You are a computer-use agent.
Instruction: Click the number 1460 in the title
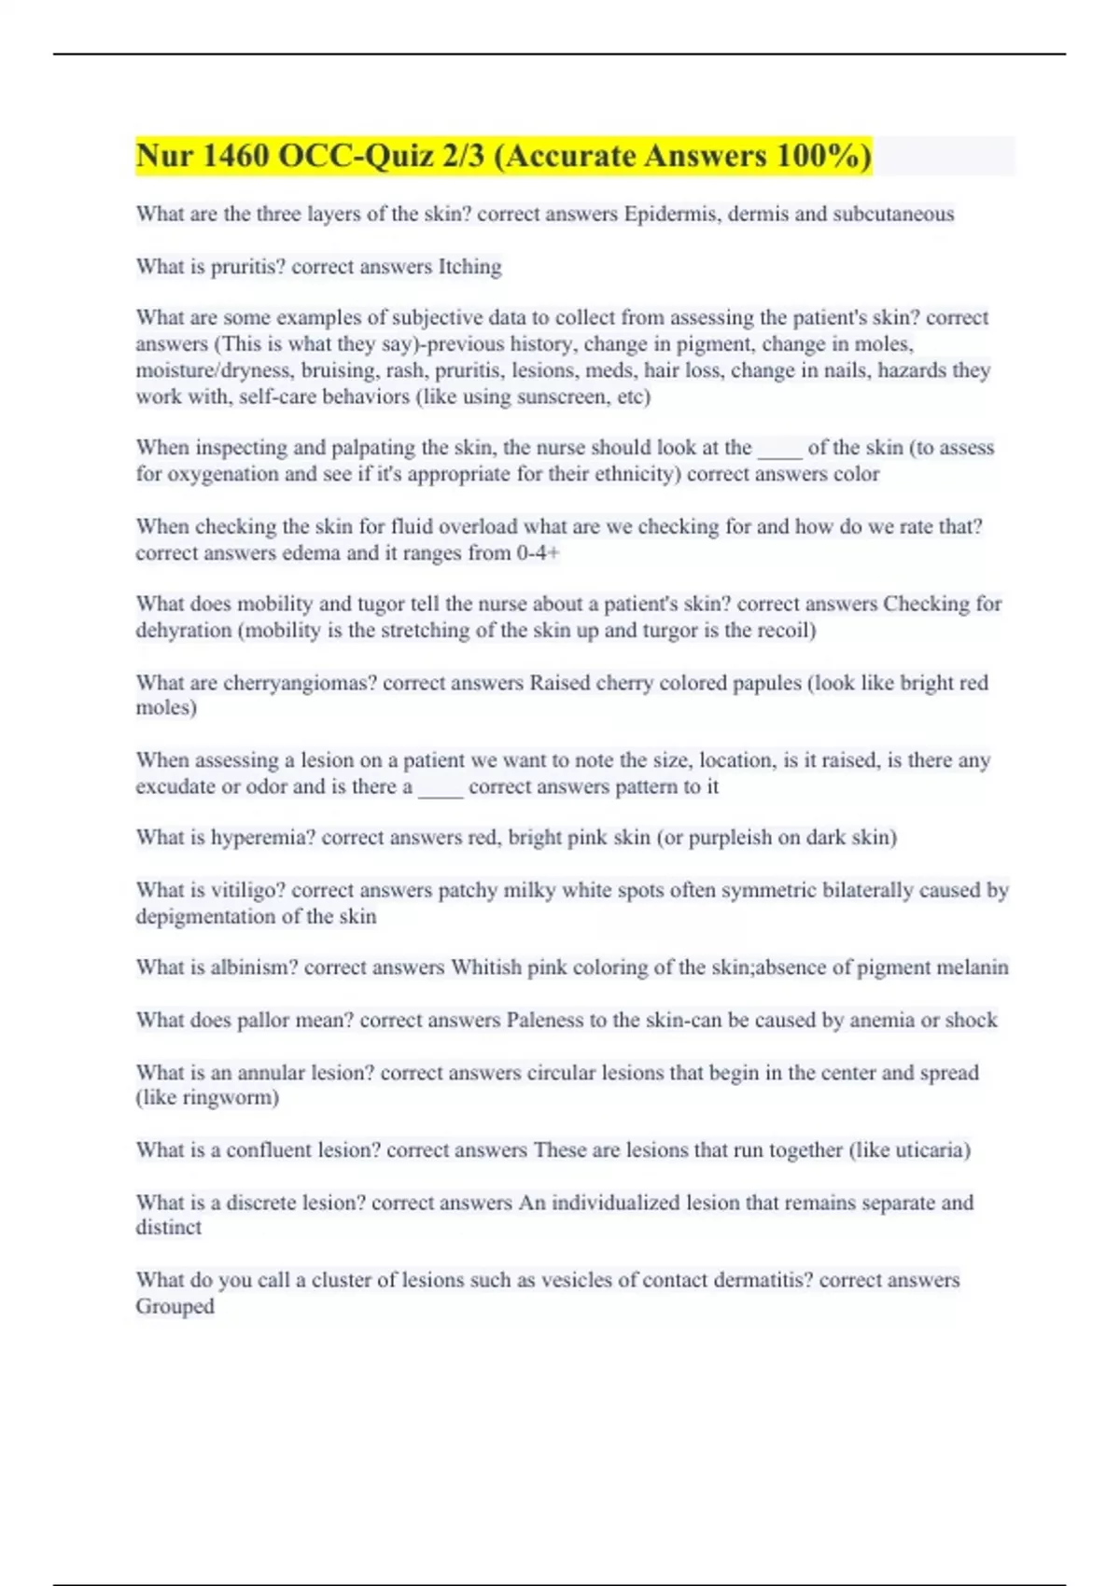[x=233, y=156]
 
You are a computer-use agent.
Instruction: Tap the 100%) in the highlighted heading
[x=822, y=156]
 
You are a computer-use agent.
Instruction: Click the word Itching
[x=469, y=267]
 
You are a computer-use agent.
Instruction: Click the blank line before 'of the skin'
[x=779, y=450]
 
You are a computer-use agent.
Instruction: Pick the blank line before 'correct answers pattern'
[x=441, y=788]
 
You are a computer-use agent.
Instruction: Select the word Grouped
[x=175, y=1307]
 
